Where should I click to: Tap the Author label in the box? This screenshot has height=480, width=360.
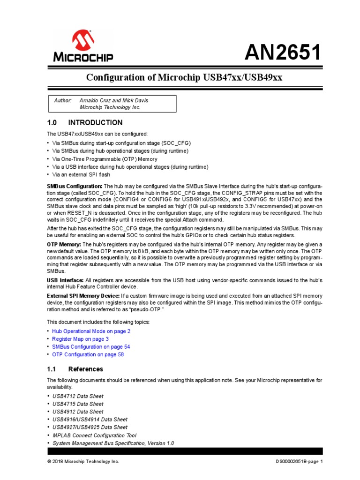(63, 101)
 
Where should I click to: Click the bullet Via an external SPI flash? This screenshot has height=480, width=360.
(81, 175)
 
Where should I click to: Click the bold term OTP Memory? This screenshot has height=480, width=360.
(64, 245)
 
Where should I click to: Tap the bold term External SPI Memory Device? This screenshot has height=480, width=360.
(83, 296)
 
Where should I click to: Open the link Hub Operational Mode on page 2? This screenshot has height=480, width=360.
(91, 331)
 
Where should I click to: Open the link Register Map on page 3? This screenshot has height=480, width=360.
(80, 339)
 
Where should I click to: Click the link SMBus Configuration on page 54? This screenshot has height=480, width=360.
(91, 347)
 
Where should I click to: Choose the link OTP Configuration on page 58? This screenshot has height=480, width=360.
(88, 355)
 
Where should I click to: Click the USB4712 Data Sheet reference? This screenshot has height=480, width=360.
(78, 396)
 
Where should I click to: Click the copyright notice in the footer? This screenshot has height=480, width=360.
(83, 462)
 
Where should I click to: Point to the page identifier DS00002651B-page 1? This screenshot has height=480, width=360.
(300, 462)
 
